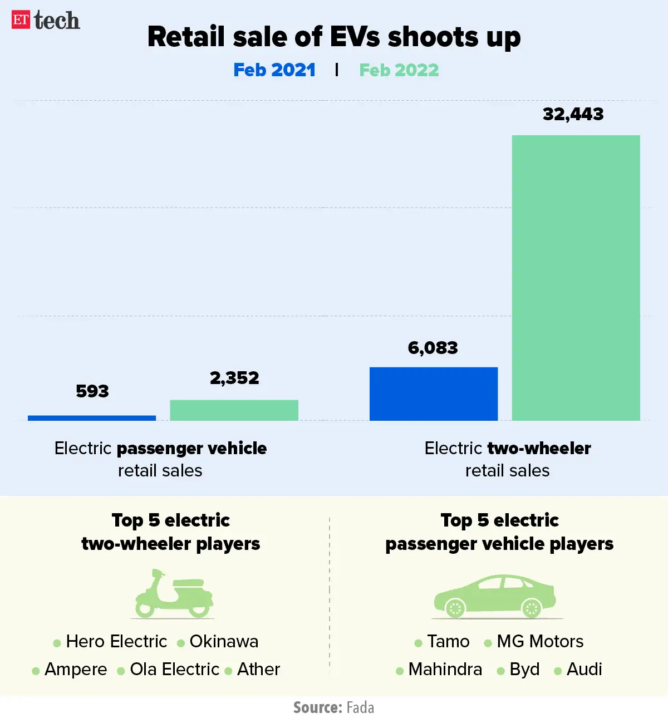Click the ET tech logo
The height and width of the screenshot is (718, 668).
[x=46, y=21]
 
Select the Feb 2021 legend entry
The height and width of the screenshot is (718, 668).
[x=274, y=70]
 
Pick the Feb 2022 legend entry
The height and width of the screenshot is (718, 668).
[x=399, y=70]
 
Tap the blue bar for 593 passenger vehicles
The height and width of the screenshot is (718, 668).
[x=92, y=417]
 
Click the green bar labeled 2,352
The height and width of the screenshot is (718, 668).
[x=234, y=410]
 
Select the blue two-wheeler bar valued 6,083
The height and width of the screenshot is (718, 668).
[x=433, y=394]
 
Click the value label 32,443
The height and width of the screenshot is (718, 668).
[x=573, y=114]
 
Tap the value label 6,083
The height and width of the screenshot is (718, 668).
[x=433, y=348]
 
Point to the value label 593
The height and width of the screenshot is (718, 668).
[x=92, y=391]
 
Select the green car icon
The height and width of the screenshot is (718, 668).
[x=494, y=597]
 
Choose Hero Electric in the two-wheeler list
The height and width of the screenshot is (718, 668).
[x=116, y=641]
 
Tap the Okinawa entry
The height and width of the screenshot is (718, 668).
[x=223, y=641]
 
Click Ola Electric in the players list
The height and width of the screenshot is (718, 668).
[x=174, y=669]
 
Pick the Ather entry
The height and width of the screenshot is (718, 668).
[x=258, y=669]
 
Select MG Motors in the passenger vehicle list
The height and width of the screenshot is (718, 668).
[x=539, y=641]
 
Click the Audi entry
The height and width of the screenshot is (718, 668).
[x=584, y=669]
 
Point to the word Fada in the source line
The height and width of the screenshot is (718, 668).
[x=360, y=707]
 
